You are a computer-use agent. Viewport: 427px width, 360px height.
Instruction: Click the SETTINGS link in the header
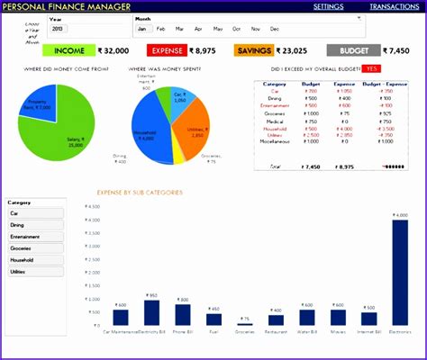(x=328, y=6)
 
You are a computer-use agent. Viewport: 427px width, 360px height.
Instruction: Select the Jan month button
(x=141, y=29)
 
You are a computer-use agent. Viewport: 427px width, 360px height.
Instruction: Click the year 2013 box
(x=58, y=29)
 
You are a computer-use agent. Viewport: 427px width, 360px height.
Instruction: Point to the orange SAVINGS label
(x=253, y=51)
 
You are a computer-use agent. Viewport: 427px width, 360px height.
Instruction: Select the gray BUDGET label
(x=347, y=51)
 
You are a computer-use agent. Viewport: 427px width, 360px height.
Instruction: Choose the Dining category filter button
(x=35, y=225)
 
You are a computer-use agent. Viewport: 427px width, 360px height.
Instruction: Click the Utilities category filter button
(x=35, y=271)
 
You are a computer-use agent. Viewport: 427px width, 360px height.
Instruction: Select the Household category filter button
(x=35, y=259)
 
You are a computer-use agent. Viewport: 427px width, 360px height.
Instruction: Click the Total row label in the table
(x=275, y=166)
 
